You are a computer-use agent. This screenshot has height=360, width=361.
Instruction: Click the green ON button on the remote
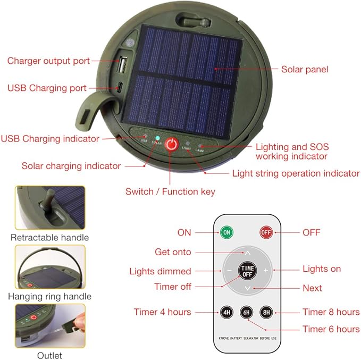click(x=226, y=232)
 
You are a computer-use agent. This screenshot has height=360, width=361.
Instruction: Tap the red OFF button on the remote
click(x=266, y=232)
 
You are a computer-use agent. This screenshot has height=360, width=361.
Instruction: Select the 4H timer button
click(x=226, y=312)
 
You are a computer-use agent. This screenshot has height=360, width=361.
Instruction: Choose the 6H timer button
click(x=246, y=312)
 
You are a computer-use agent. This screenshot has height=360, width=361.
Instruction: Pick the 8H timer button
click(x=266, y=312)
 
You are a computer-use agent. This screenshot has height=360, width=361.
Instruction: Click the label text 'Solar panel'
click(x=305, y=69)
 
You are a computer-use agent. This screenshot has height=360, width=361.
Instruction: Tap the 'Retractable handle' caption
click(x=49, y=237)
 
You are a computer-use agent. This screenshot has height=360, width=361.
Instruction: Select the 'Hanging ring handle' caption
click(x=51, y=296)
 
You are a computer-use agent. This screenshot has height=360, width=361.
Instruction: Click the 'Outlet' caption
click(x=49, y=355)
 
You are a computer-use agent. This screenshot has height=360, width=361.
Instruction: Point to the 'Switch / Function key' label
click(x=170, y=191)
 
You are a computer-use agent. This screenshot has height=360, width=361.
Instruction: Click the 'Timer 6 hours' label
click(x=331, y=329)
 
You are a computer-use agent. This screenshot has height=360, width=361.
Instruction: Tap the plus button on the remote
click(x=265, y=270)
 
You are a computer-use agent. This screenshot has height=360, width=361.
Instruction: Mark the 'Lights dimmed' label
click(x=160, y=271)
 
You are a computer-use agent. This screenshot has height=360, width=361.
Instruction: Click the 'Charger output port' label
click(x=48, y=61)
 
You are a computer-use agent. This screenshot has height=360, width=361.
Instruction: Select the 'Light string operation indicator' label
click(x=296, y=173)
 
